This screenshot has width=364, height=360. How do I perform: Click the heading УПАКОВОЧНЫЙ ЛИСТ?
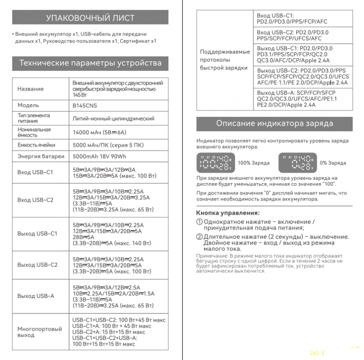click(90, 18)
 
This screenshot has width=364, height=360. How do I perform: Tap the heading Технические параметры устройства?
click(90, 63)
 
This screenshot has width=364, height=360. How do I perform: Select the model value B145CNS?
click(85, 105)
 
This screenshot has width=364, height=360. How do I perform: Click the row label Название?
click(30, 89)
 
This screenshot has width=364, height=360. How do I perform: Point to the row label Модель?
click(28, 105)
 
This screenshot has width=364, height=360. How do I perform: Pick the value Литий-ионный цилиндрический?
click(113, 119)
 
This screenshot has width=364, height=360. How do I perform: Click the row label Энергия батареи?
click(41, 157)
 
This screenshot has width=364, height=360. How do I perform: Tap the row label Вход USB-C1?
click(35, 172)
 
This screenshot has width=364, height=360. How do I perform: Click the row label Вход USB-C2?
click(35, 200)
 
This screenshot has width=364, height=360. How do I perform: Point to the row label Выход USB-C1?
click(37, 234)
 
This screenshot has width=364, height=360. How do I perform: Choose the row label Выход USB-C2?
click(37, 265)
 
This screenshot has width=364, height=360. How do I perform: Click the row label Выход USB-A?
click(35, 296)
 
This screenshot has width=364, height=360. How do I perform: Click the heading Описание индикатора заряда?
click(274, 124)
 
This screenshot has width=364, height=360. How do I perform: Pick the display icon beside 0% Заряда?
click(297, 163)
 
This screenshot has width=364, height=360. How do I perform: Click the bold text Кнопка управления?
click(228, 213)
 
